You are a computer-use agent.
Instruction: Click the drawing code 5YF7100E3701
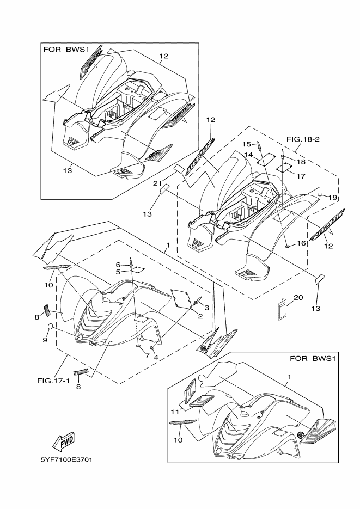click(67, 459)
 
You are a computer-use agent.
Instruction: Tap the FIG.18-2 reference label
click(302, 139)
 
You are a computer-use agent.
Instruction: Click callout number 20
click(298, 298)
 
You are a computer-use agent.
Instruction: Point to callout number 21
click(156, 183)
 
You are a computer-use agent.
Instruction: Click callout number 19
click(333, 197)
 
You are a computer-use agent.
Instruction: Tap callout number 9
click(45, 340)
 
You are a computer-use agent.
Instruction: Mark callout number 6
click(118, 265)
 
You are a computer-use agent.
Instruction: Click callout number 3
click(207, 308)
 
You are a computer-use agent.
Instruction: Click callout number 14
click(248, 155)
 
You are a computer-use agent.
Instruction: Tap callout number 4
click(156, 357)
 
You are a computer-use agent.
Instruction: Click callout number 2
click(200, 316)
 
